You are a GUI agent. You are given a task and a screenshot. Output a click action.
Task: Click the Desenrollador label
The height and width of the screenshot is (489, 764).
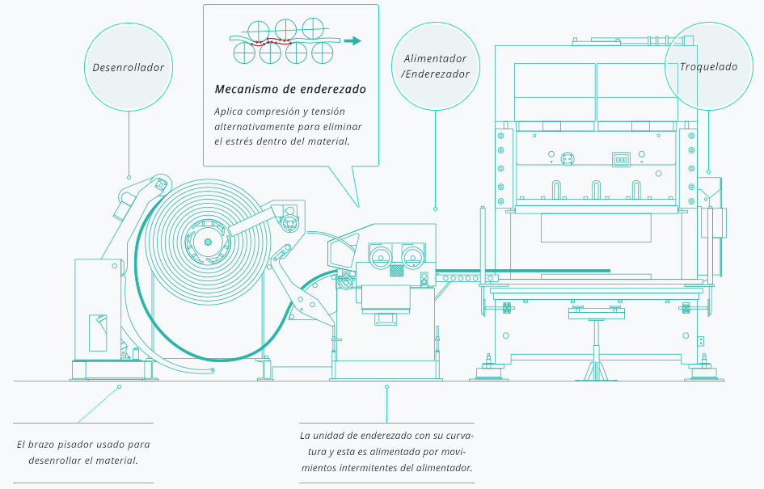pos(129,67)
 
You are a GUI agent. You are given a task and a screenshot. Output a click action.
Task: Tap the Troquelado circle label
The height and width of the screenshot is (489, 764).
pos(708,67)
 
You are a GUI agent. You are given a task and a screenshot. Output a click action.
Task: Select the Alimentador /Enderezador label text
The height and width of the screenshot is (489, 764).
pos(436,66)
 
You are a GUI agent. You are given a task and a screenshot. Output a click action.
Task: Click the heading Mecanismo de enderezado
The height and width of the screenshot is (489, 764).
pos(290,89)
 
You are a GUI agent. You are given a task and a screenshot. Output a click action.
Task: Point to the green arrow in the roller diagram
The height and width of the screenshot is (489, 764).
pos(352,41)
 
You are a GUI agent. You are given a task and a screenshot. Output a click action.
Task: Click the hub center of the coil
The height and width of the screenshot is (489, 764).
pos(209,241)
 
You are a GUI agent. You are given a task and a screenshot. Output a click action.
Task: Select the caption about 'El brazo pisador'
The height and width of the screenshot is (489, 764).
pos(83,452)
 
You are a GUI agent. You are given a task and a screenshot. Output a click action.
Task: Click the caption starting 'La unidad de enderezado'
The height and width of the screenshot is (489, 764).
pos(386,452)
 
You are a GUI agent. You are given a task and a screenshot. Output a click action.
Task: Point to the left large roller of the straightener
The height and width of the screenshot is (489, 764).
pos(378,258)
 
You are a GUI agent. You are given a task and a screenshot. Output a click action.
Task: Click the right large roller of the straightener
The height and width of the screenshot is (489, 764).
pos(414,258)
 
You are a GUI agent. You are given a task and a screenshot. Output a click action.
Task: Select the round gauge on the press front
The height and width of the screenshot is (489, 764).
pos(567,159)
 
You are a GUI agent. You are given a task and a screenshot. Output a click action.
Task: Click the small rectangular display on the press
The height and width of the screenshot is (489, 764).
pos(622,160)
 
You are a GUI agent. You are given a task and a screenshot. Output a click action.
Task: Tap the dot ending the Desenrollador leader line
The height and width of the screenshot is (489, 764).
pos(129,177)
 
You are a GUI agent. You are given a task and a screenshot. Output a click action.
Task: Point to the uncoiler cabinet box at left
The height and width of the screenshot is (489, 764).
pos(98,307)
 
